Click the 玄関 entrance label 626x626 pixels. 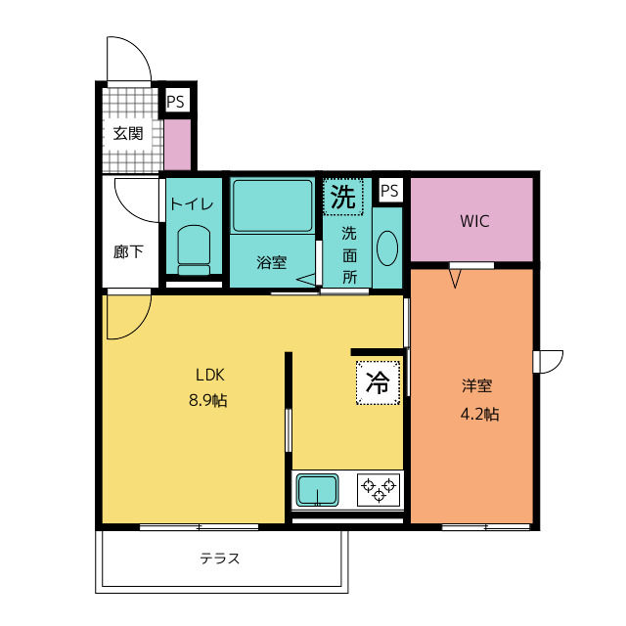[128, 133]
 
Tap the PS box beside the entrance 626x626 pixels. [176, 101]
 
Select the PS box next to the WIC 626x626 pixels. [389, 191]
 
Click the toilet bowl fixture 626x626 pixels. [194, 250]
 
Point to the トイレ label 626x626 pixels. [192, 204]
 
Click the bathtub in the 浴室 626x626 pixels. [273, 205]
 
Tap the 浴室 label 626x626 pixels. [272, 262]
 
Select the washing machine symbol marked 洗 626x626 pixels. [343, 198]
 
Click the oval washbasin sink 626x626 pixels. [387, 247]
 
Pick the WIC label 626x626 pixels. [474, 221]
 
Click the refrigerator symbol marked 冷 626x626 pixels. [378, 382]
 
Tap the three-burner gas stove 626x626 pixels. [379, 490]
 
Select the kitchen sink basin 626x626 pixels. [317, 490]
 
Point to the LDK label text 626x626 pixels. [210, 375]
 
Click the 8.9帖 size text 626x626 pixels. [208, 400]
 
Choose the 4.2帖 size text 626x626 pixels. [479, 415]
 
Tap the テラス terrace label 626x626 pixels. [220, 559]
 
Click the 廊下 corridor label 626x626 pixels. [128, 252]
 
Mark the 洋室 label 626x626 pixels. [477, 385]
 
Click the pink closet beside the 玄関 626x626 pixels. [177, 144]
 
